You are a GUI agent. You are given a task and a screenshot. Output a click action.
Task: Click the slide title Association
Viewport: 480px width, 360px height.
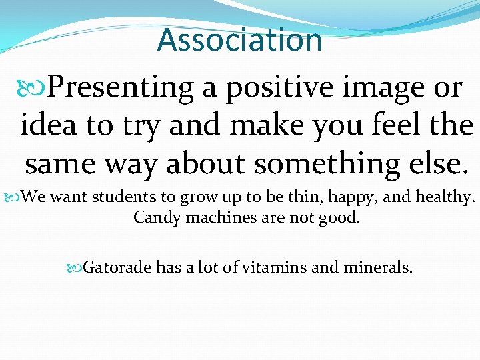tap(239, 39)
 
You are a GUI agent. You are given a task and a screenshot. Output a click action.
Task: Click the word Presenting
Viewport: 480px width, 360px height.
tap(121, 87)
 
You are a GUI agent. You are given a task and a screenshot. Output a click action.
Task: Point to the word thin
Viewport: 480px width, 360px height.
tap(303, 197)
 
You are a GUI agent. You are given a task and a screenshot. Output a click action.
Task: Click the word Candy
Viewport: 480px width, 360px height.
tap(153, 218)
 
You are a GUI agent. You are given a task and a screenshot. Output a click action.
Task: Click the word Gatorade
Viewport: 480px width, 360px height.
tap(117, 268)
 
